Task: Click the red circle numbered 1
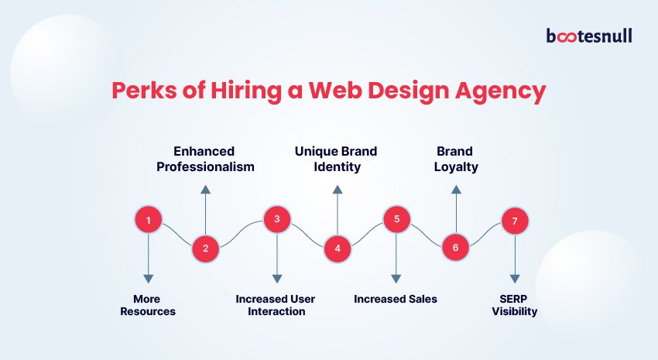[x=148, y=221]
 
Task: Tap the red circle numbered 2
[x=205, y=248]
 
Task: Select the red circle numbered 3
[x=276, y=219]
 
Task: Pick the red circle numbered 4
[x=337, y=248]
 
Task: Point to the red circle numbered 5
[x=396, y=219]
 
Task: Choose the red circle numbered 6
[x=455, y=248]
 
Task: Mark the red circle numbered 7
[x=515, y=221]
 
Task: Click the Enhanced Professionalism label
[x=204, y=159]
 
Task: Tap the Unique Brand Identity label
[x=336, y=159]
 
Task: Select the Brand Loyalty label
[x=454, y=159]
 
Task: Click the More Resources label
[x=148, y=305]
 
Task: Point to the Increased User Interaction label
[x=276, y=305]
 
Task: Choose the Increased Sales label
[x=396, y=299]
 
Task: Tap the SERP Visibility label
[x=515, y=305]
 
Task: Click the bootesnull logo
[x=589, y=36]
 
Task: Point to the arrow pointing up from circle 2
[x=205, y=208]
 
